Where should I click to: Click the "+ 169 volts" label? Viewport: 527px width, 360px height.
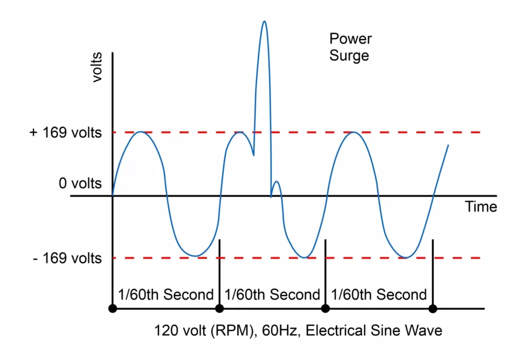66,133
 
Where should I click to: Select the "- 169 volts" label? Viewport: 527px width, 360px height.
67,258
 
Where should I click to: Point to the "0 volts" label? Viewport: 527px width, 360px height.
80,183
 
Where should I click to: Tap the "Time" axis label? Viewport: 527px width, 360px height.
481,207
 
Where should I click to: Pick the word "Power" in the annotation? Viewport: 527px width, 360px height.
350,39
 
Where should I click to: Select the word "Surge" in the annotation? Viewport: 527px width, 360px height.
349,56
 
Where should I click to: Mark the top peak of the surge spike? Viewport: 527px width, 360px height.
264,22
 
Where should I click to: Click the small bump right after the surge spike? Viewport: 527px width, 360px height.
276,182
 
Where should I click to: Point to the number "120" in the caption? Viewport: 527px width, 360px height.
165,330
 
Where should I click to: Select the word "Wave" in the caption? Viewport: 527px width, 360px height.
425,330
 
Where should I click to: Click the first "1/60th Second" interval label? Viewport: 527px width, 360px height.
166,295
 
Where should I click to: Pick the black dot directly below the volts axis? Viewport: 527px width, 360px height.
113,308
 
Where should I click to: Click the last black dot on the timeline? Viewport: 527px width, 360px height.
433,308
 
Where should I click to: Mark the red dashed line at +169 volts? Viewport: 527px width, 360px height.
309,132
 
